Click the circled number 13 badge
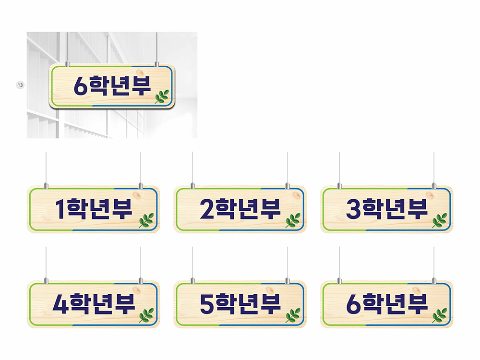20,85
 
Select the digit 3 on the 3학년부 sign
354,209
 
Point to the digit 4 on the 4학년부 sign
61,304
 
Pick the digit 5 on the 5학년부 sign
207,304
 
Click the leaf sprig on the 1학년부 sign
146,220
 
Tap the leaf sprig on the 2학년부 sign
293,220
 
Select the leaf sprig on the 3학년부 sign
440,220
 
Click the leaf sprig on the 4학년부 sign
146,316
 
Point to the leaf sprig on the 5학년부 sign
293,316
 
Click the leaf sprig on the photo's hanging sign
162,96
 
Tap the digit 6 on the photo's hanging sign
81,86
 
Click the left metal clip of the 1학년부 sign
46,185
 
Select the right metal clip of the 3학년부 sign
434,185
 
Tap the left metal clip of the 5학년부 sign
193,281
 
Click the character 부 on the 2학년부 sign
269,209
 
